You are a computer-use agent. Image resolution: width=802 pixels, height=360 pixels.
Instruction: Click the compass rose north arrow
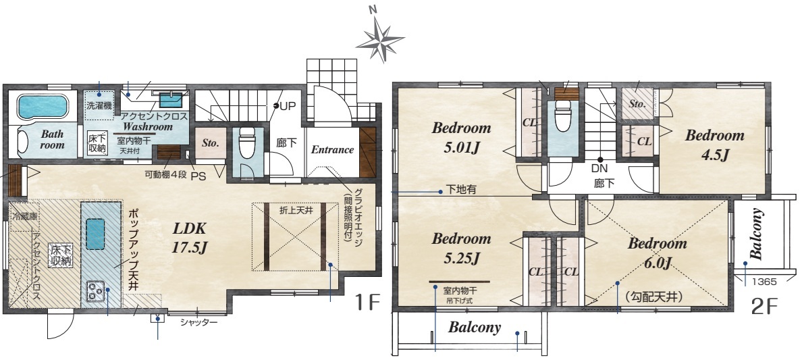pyautogui.click(x=380, y=39)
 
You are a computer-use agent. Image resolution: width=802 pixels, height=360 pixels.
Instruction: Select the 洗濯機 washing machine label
pyautogui.click(x=99, y=107)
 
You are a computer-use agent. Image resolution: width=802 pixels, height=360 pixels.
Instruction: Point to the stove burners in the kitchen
pyautogui.click(x=96, y=291)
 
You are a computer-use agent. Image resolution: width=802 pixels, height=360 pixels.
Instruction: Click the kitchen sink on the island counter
pyautogui.click(x=95, y=234)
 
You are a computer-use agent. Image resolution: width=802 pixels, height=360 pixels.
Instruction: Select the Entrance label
pyautogui.click(x=332, y=149)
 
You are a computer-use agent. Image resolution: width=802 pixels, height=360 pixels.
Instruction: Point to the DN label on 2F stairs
pyautogui.click(x=599, y=168)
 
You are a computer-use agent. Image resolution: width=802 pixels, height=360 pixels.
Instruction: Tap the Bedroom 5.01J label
pyautogui.click(x=461, y=137)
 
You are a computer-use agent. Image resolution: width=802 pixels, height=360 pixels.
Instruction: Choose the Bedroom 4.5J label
pyautogui.click(x=714, y=145)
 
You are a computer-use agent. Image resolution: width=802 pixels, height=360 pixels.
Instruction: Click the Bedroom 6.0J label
pyautogui.click(x=658, y=253)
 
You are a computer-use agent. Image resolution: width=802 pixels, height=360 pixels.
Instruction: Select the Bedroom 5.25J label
pyautogui.click(x=461, y=249)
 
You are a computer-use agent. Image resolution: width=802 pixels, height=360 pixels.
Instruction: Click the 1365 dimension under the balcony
pyautogui.click(x=764, y=282)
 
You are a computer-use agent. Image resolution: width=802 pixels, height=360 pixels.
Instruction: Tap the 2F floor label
pyautogui.click(x=765, y=306)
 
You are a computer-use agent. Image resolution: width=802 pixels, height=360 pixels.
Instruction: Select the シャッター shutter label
pyautogui.click(x=199, y=322)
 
